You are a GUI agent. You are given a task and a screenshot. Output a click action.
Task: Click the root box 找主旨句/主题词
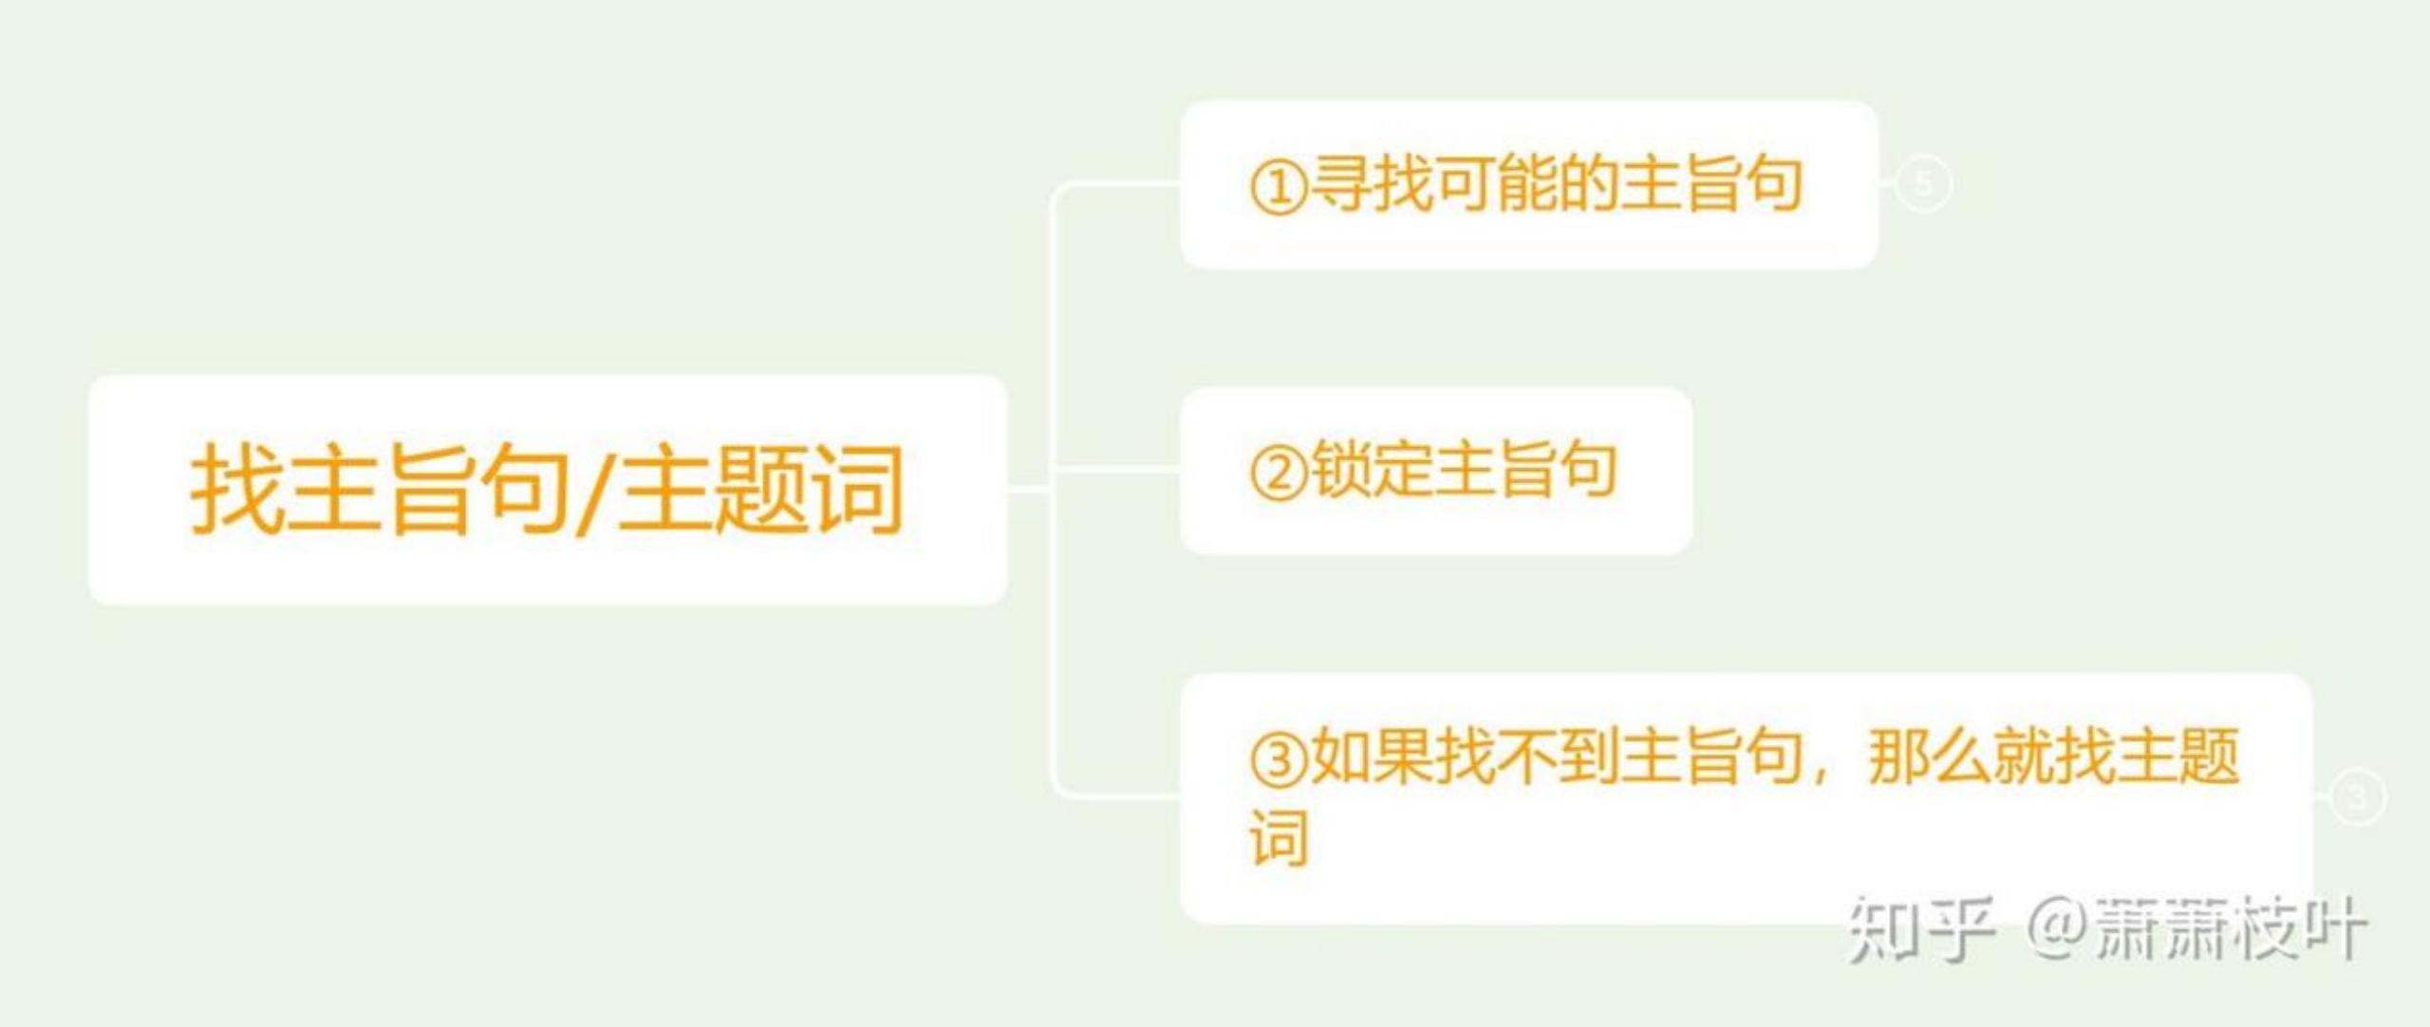point(548,489)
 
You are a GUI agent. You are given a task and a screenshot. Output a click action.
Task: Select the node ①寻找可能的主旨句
point(1528,184)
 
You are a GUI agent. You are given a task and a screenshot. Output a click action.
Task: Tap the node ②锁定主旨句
point(1435,470)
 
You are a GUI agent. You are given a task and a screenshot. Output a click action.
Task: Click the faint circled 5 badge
point(1923,184)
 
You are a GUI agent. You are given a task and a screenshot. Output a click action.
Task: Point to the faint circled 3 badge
point(2357,796)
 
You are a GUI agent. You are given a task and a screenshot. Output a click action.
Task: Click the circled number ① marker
point(1279,187)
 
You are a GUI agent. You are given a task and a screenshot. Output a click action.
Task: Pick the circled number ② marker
point(1279,473)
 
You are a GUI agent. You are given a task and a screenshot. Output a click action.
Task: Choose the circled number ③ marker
point(1279,759)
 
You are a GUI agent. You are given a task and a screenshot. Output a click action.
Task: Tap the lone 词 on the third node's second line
point(1279,837)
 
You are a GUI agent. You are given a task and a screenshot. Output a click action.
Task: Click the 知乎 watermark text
point(1919,928)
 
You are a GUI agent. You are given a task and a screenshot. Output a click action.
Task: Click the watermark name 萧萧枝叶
point(2231,928)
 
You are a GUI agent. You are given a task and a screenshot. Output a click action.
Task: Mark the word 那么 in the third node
point(1930,757)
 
